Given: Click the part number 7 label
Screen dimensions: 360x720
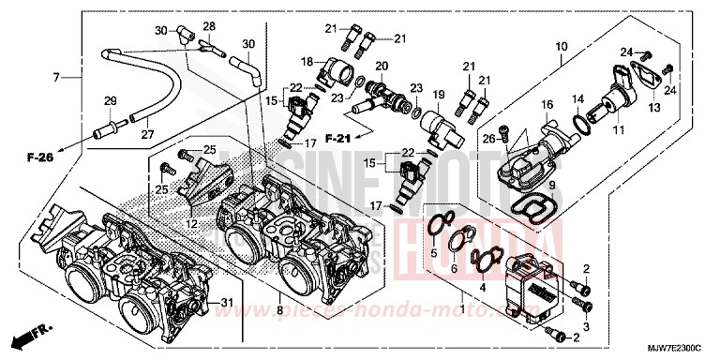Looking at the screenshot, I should coord(57,76).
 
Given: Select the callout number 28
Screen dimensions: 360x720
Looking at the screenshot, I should coord(209,25).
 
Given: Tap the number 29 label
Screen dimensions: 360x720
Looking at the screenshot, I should coord(110,101).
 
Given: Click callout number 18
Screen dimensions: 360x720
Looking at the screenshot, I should coord(307,61).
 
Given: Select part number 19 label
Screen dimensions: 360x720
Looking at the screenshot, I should coord(437,96).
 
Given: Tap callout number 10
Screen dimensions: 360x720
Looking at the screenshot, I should coord(561,46).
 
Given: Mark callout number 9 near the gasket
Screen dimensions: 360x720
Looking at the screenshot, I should coord(551,185).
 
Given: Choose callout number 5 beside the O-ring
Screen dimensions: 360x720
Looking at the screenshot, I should coord(433,252).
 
